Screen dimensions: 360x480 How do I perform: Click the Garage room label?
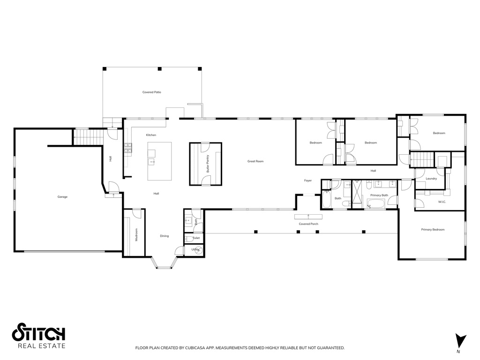(x=62, y=197)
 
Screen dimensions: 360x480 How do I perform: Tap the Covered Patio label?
(x=152, y=92)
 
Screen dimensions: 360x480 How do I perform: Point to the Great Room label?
(x=255, y=161)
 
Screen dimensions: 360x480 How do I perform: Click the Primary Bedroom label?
(x=432, y=230)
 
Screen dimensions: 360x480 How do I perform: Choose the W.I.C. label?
(x=442, y=202)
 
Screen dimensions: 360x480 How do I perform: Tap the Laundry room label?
(x=431, y=179)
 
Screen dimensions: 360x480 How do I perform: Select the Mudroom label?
(x=136, y=234)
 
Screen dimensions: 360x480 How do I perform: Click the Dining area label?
(x=164, y=236)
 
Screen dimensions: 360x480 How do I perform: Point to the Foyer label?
(x=308, y=180)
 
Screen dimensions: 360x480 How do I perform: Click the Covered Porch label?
(x=308, y=224)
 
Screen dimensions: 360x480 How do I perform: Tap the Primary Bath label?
(x=379, y=195)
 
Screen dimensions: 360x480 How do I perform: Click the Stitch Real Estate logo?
(x=38, y=336)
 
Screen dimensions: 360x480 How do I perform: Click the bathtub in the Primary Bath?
(x=375, y=204)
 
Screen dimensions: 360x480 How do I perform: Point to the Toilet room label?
(x=196, y=238)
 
